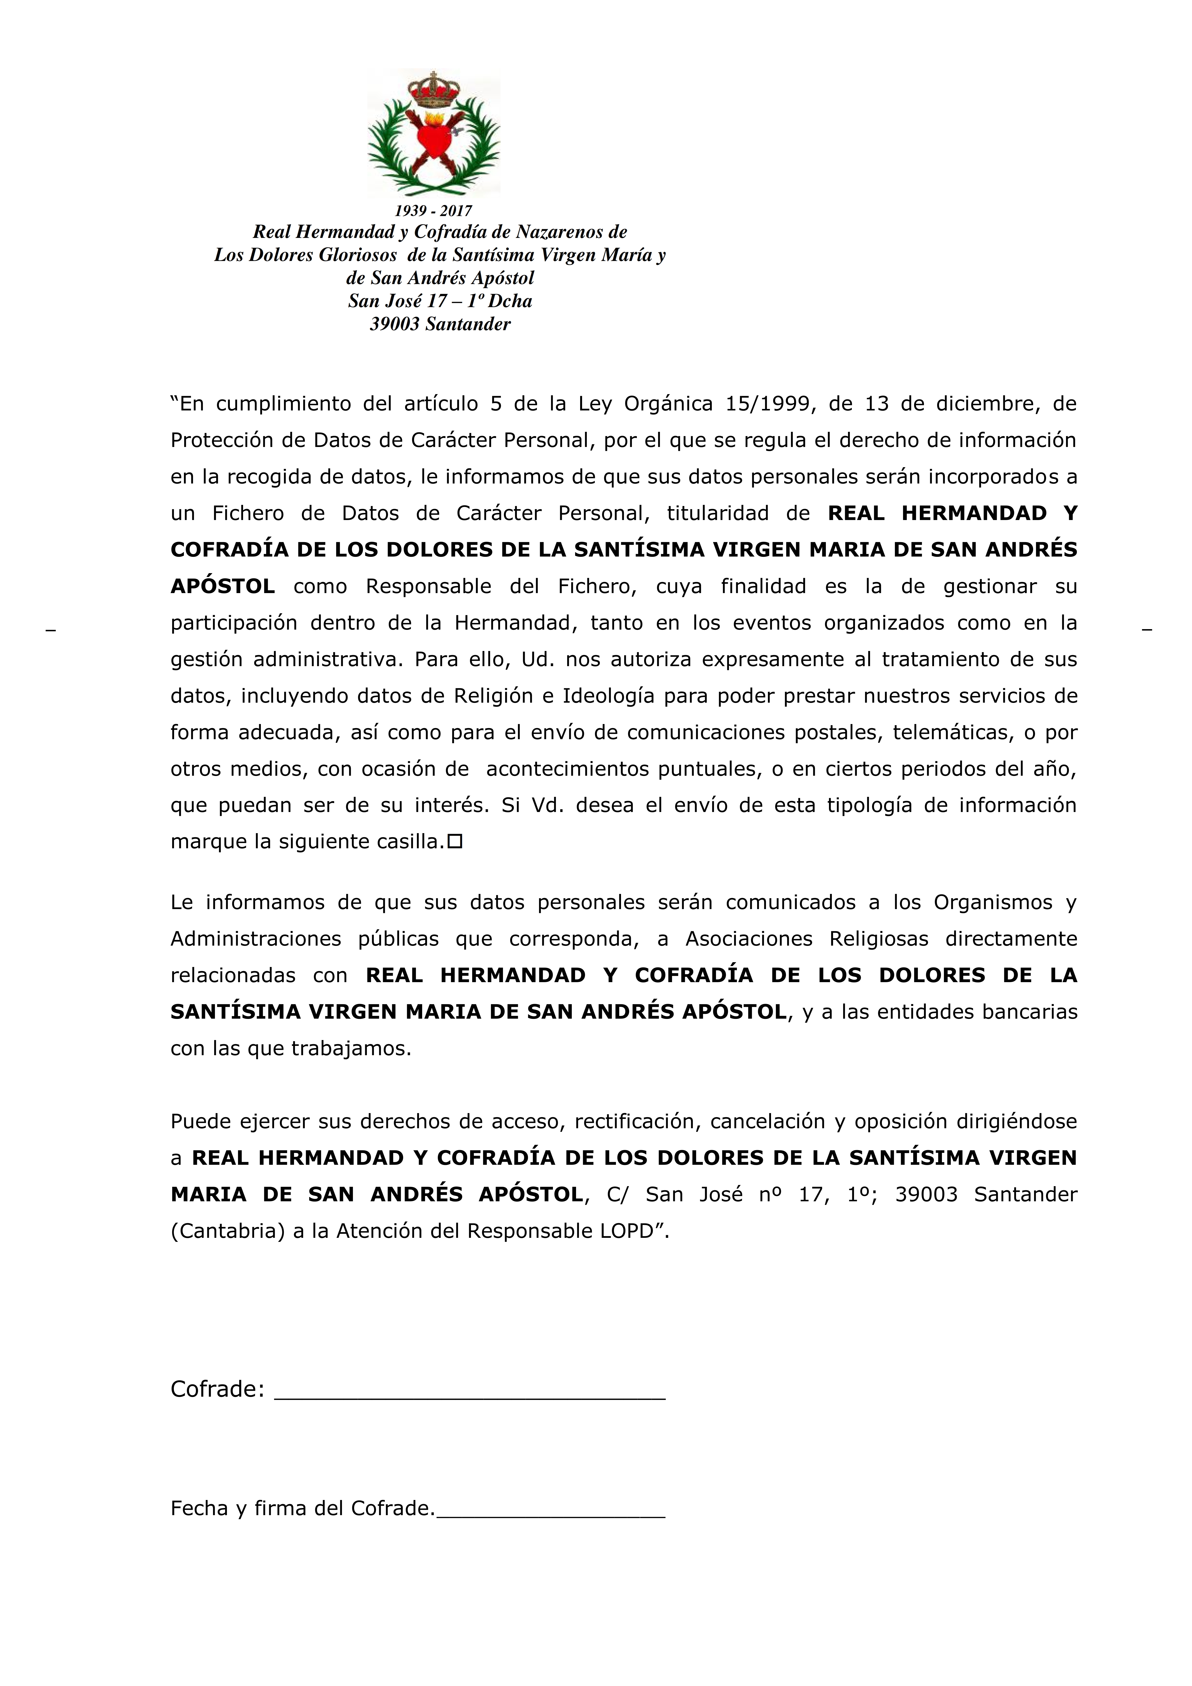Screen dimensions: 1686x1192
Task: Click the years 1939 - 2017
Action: [433, 211]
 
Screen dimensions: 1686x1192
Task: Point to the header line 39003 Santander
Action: [440, 324]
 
